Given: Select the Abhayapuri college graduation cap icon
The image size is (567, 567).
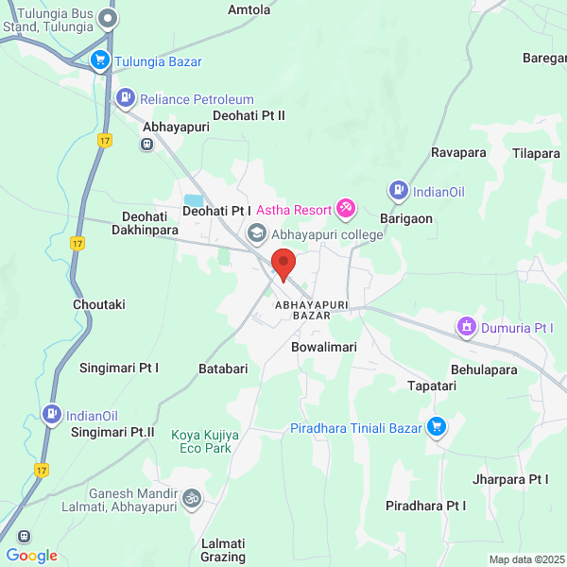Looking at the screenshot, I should click(256, 232).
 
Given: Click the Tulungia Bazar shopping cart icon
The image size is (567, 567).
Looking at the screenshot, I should click(100, 61).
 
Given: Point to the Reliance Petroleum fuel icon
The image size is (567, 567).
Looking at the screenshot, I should click(125, 97).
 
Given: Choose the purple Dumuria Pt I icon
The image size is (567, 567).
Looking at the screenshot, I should click(465, 327).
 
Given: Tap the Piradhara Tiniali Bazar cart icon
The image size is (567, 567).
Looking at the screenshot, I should click(436, 427).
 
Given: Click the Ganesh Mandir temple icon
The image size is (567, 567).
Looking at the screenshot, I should click(192, 497).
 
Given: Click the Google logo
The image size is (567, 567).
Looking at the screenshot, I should click(31, 556).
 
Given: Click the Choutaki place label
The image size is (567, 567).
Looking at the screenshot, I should click(99, 304).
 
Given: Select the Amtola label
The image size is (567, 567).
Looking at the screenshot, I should click(249, 10).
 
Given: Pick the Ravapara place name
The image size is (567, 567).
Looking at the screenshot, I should click(458, 152).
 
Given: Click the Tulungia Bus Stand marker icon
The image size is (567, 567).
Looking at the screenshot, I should click(110, 17).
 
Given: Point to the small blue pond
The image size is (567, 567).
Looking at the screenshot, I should click(193, 200).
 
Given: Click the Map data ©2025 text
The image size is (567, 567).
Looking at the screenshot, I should click(525, 559).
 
